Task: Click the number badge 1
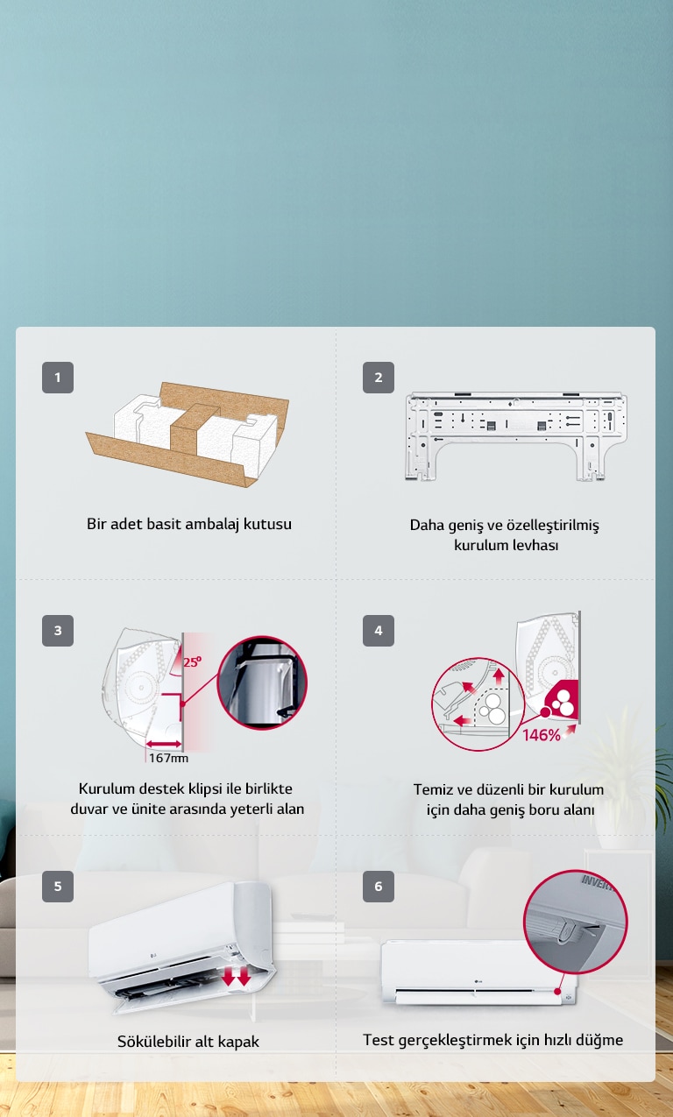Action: pos(58,378)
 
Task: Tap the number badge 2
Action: pos(379,378)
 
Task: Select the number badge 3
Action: pos(58,631)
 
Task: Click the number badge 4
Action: pos(379,631)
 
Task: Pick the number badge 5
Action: pos(58,887)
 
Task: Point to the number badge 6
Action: pos(379,887)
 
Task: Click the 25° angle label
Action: pos(191,662)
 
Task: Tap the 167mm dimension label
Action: pos(167,758)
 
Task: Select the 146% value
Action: pos(542,735)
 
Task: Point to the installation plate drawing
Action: pos(516,435)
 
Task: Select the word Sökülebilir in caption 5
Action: pos(153,1042)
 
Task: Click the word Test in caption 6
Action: pos(379,1040)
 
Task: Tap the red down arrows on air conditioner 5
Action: pos(236,975)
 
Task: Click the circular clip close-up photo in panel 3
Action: pos(262,682)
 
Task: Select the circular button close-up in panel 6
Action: pos(577,922)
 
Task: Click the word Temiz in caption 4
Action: pos(433,789)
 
